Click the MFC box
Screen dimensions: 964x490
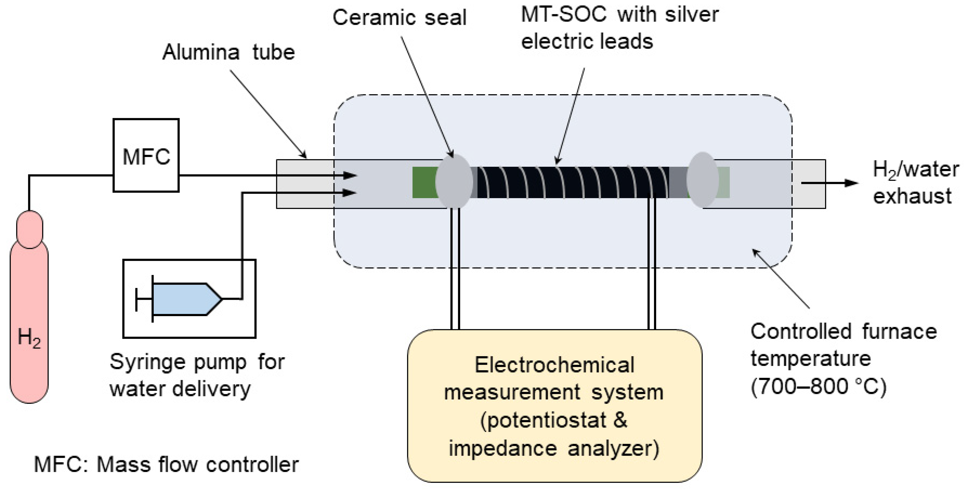(146, 155)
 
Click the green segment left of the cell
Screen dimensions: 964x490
(425, 182)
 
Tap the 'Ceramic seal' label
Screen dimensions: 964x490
(399, 18)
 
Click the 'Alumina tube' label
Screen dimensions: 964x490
(228, 52)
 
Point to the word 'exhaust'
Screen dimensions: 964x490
(912, 196)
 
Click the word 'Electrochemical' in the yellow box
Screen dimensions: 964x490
(554, 365)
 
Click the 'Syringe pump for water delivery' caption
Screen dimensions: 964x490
(197, 375)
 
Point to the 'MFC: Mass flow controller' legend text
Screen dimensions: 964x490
(166, 465)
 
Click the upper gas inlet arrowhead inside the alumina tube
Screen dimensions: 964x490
(350, 175)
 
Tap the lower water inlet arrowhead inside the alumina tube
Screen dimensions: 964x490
(350, 193)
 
